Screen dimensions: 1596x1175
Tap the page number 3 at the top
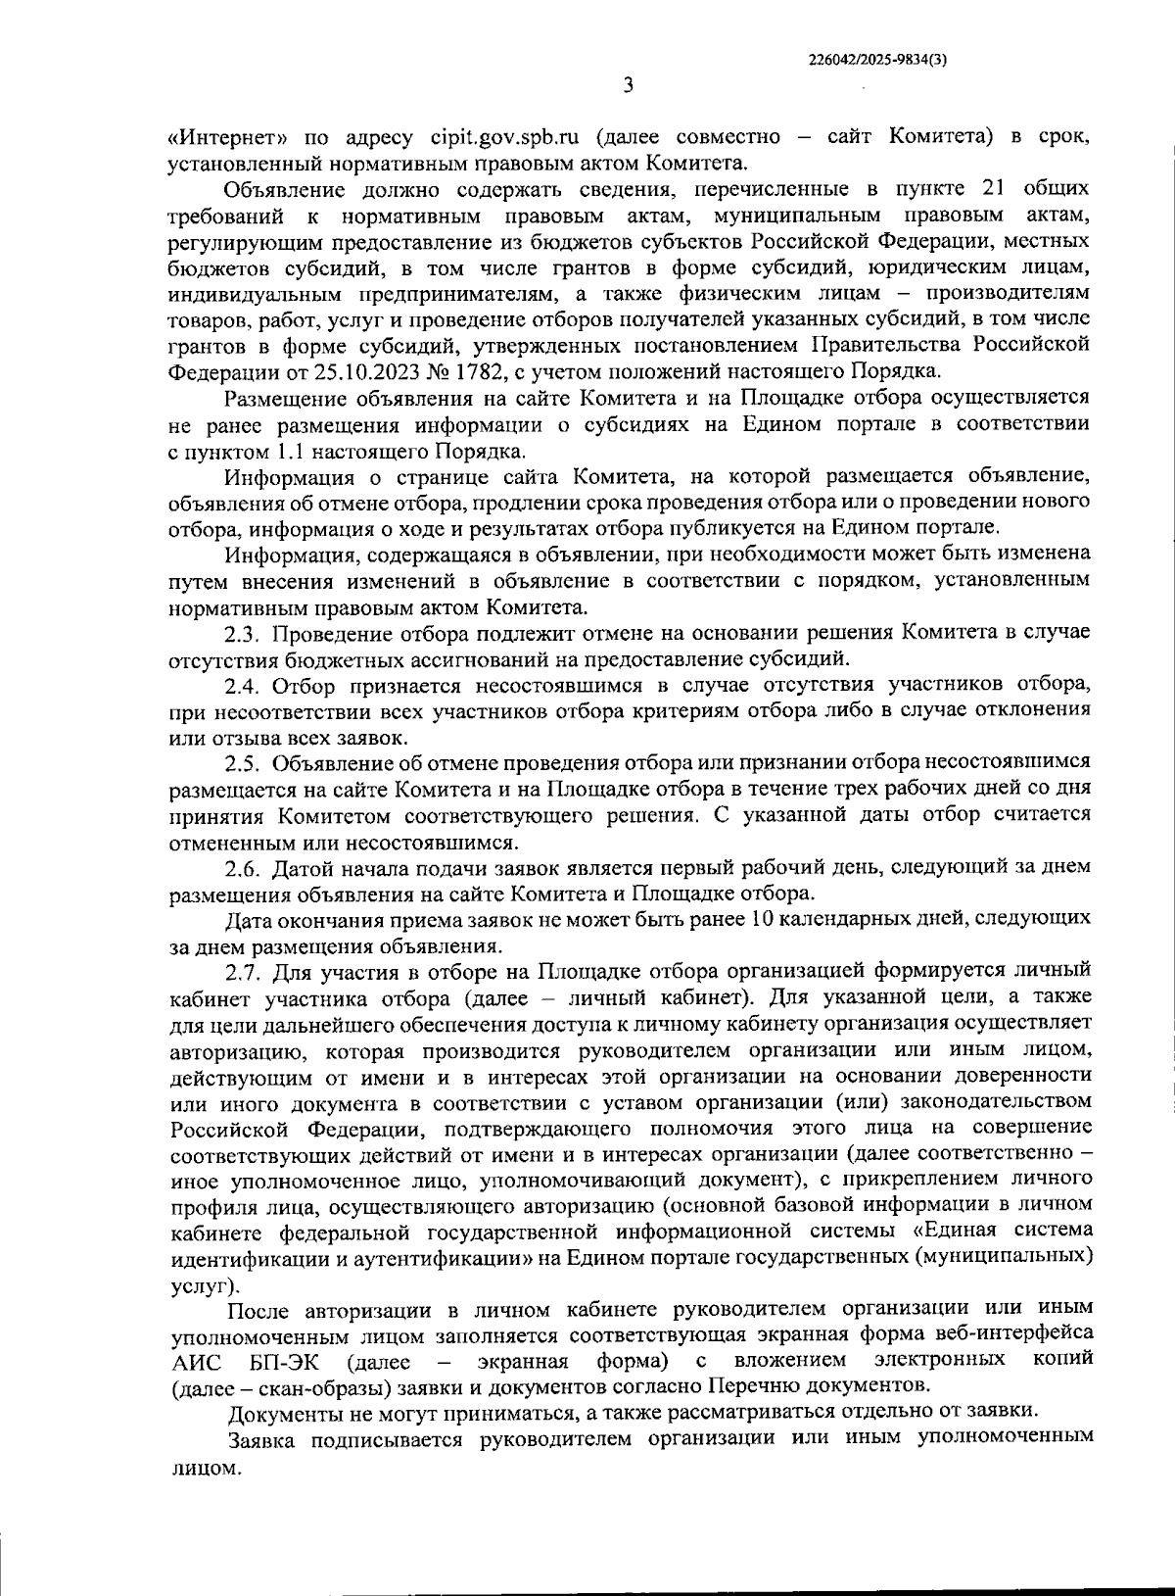pos(628,86)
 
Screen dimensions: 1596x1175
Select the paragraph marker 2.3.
pos(242,632)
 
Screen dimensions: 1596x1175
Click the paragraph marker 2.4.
pos(242,684)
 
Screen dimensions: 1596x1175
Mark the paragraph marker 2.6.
pos(242,868)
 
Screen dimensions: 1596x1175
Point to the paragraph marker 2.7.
pos(242,972)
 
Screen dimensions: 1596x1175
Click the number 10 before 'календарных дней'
pos(762,920)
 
